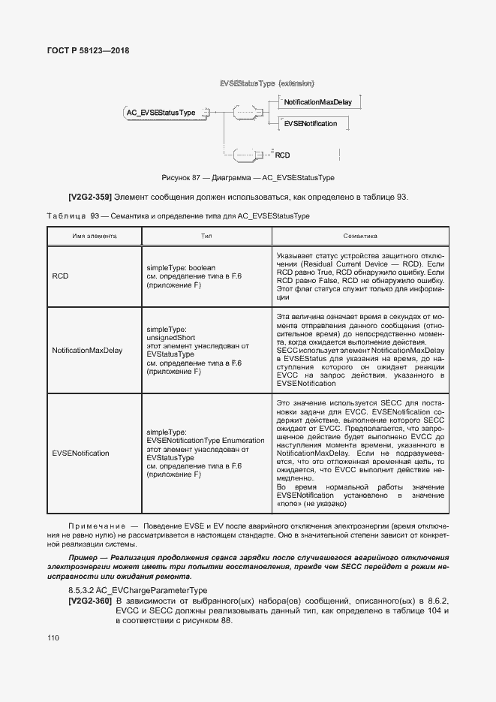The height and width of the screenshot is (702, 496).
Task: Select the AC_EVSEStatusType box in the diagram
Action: click(160, 113)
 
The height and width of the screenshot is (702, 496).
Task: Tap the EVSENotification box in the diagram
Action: click(311, 123)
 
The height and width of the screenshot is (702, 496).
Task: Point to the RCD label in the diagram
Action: click(282, 155)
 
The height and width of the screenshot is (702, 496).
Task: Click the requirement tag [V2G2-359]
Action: click(90, 197)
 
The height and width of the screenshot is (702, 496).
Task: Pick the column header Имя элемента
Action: click(95, 235)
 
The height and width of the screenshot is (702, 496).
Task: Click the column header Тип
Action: click(207, 235)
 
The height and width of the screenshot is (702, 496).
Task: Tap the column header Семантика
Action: click(359, 235)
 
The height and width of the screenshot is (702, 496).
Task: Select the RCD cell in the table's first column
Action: click(60, 276)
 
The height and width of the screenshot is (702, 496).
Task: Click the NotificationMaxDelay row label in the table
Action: click(87, 351)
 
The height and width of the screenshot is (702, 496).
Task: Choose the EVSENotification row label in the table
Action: click(80, 453)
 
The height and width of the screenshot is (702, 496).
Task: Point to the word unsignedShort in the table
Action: click(170, 338)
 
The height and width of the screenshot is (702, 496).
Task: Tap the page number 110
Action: click(53, 637)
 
